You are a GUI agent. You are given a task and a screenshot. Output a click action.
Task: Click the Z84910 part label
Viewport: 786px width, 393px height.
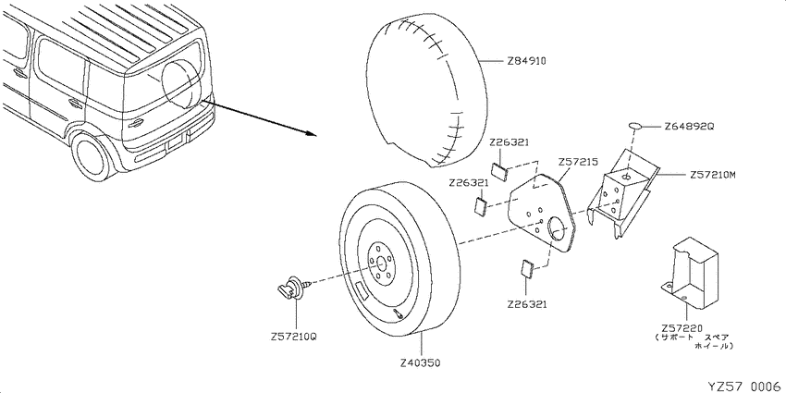point(526,61)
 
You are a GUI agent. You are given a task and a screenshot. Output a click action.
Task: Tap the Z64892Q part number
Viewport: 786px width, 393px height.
point(689,126)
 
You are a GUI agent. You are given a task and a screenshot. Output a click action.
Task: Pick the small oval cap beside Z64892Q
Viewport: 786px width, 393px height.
point(635,124)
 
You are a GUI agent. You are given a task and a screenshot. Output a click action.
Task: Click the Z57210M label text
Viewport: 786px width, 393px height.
point(713,174)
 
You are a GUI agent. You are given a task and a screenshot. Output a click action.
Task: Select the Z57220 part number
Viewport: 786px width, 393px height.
point(683,327)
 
